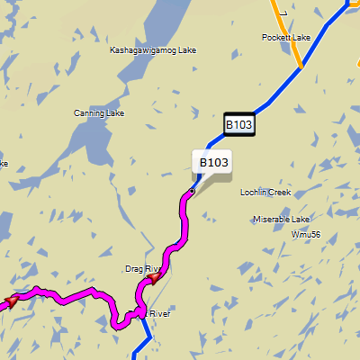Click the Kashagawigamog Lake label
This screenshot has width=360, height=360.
152,50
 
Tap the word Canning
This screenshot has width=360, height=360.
87,113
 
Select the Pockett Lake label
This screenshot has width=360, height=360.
285,38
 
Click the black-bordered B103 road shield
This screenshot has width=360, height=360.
239,124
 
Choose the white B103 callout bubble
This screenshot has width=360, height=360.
213,162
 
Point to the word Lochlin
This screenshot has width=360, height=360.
256,193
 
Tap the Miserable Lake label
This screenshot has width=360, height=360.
281,220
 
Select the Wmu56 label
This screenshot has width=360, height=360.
306,235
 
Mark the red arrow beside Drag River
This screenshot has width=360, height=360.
153,278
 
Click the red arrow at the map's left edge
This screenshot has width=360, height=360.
11,300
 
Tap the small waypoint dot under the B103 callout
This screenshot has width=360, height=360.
192,192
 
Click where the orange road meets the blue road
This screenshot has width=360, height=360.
301,67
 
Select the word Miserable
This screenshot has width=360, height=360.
272,220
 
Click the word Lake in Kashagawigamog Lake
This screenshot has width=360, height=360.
184,50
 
